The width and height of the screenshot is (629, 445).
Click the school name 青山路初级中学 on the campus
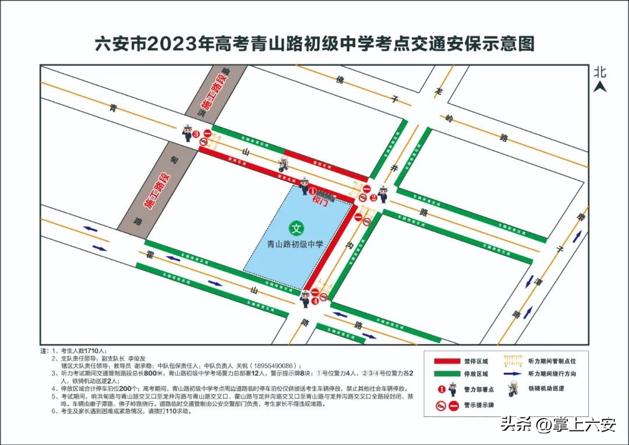[x=295, y=245]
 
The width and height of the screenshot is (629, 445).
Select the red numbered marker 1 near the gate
[x=312, y=190]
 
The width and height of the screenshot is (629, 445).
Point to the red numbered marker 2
[x=374, y=197]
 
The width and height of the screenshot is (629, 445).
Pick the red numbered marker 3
[x=196, y=134]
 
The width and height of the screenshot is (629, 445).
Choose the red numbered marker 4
[x=314, y=301]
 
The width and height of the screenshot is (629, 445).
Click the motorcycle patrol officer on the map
[x=284, y=164]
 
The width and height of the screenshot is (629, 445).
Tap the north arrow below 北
[x=600, y=87]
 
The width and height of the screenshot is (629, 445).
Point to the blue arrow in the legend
[x=513, y=373]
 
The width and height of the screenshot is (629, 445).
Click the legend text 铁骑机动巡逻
[x=551, y=389]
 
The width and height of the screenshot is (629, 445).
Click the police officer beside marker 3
[x=187, y=133]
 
